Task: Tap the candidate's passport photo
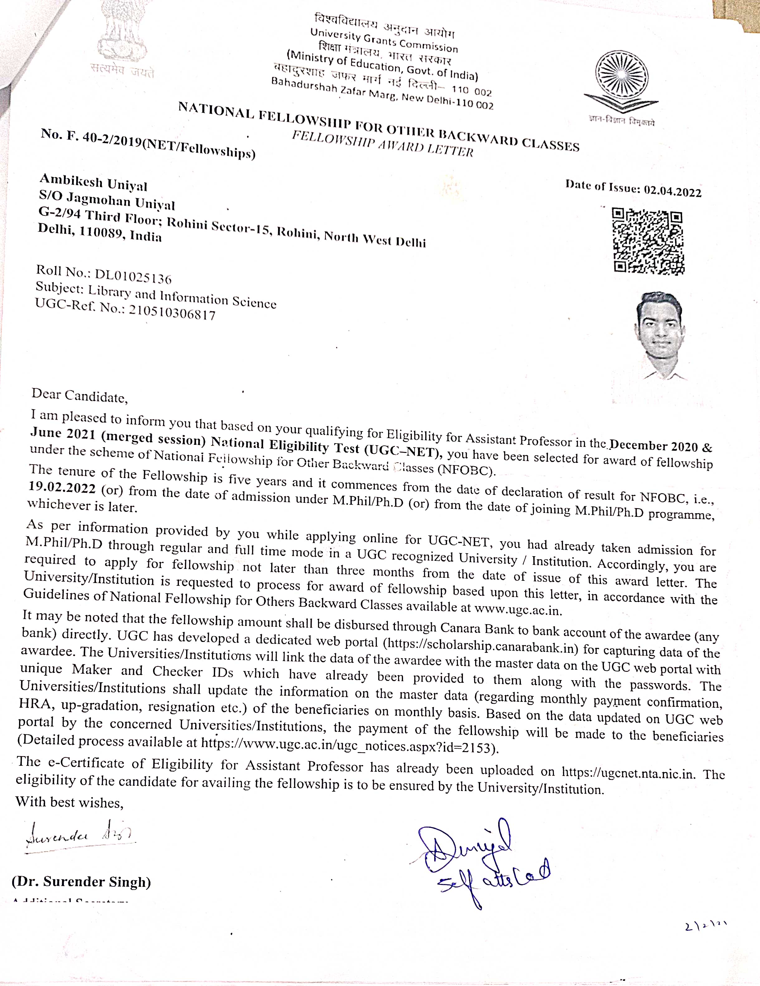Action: pyautogui.click(x=659, y=334)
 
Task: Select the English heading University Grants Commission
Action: pyautogui.click(x=384, y=40)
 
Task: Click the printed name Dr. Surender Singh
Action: pyautogui.click(x=81, y=882)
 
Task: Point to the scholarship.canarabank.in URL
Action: pyautogui.click(x=480, y=646)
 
